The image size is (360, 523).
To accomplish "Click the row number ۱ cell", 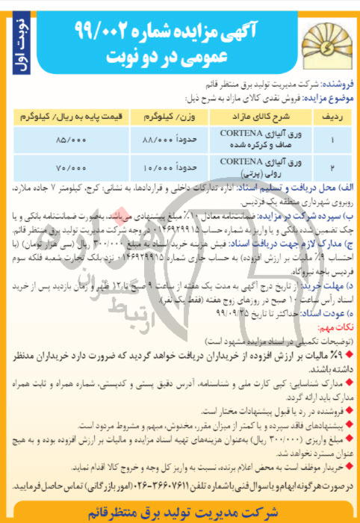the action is click(x=332, y=140).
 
